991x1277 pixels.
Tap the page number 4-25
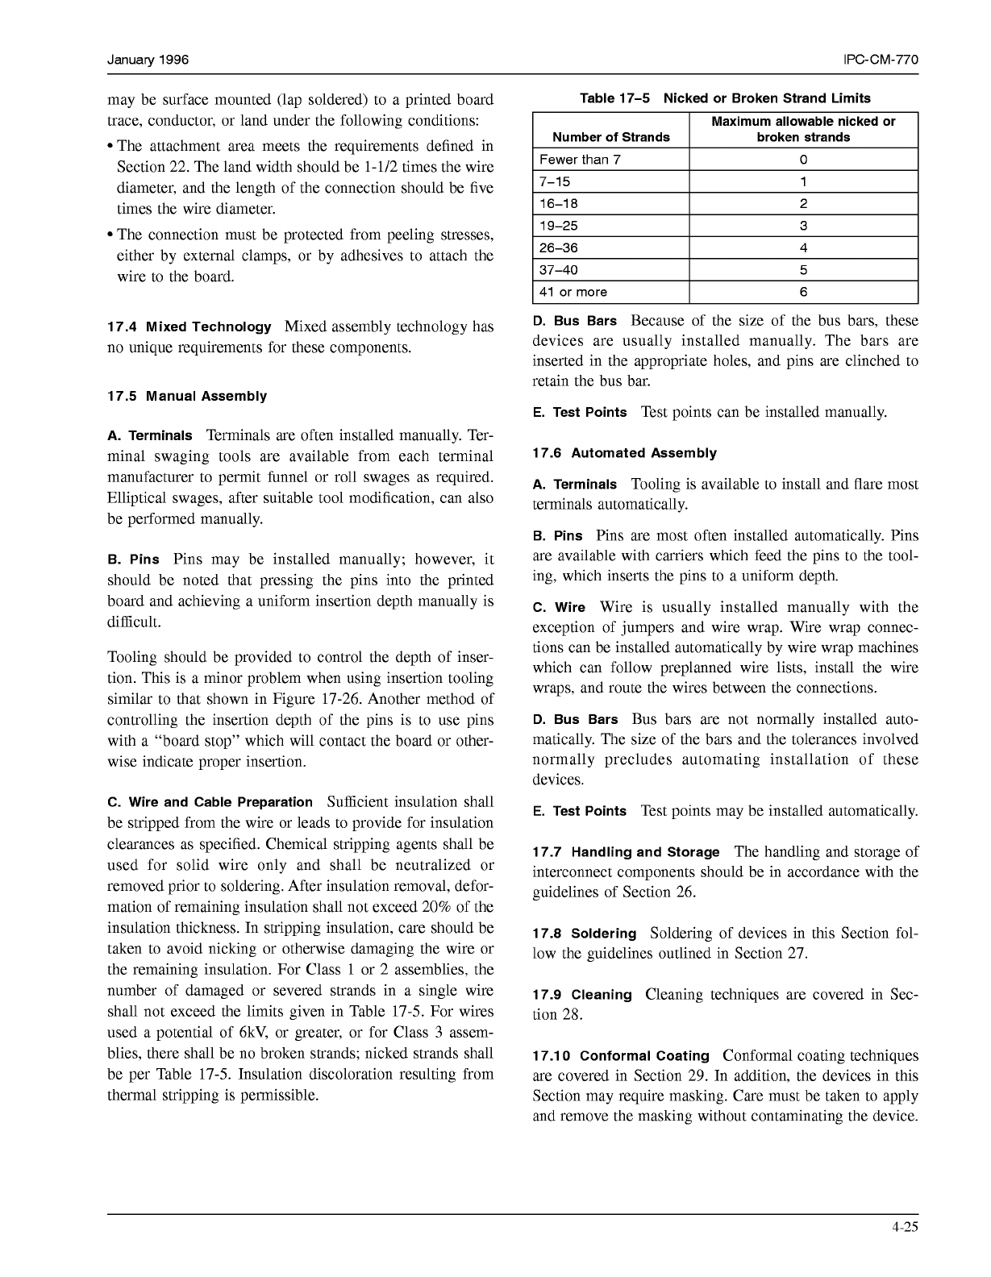pos(905,1228)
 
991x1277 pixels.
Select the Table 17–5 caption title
pos(725,98)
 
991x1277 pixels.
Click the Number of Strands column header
pos(610,137)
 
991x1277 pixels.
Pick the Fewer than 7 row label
pos(580,160)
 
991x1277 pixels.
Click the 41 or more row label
pos(573,292)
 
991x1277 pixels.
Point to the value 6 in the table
pos(803,292)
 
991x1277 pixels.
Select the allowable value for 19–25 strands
pos(803,226)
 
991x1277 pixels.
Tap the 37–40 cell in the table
pos(559,270)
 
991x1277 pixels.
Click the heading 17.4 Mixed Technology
pos(189,327)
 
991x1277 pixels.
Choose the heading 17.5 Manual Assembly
pos(186,397)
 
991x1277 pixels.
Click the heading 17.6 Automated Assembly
pos(624,453)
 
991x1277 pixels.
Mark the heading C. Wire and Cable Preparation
pos(210,802)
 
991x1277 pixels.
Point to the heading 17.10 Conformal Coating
pos(621,1056)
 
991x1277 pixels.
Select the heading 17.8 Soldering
pos(584,934)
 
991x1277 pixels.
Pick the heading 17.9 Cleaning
pos(582,995)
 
